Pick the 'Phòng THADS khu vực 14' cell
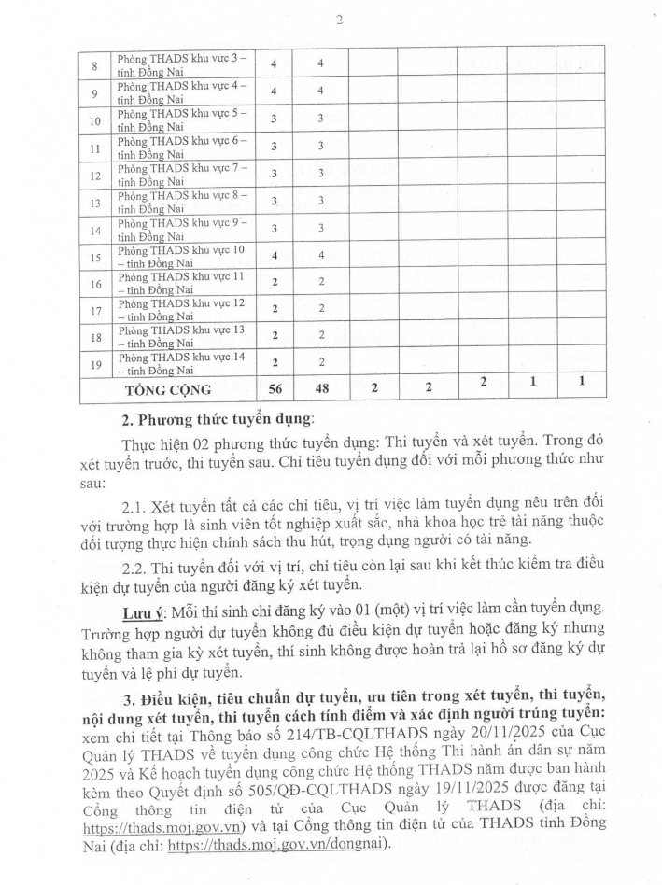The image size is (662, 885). coord(181,363)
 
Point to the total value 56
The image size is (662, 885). coord(274,388)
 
